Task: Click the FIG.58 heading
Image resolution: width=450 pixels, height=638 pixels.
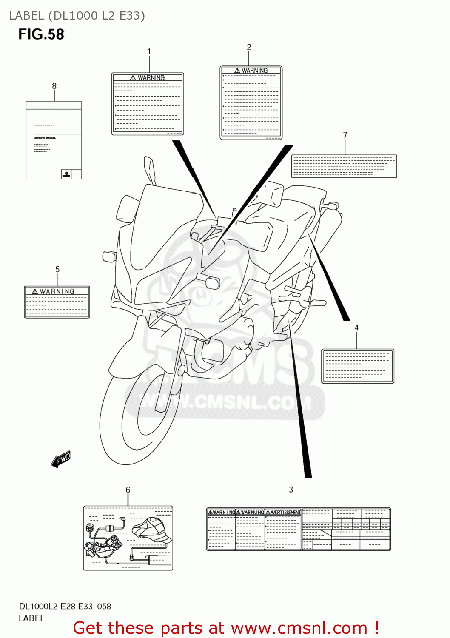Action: click(x=41, y=34)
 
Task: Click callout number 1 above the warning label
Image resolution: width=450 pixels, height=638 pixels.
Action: click(x=149, y=52)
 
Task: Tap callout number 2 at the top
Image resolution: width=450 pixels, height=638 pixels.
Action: click(x=249, y=47)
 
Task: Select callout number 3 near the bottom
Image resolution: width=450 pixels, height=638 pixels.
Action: click(x=291, y=490)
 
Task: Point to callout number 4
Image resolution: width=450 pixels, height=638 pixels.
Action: click(x=356, y=328)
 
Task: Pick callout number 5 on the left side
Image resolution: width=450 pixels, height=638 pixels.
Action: click(x=57, y=269)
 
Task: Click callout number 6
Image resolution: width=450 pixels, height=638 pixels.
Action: click(x=128, y=490)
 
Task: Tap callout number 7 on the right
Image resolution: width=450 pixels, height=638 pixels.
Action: click(x=345, y=135)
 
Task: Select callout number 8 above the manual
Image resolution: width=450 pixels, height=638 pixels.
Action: click(x=54, y=86)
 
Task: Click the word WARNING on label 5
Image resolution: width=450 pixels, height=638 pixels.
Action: click(x=57, y=291)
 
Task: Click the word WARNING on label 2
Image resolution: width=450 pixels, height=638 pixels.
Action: click(x=254, y=71)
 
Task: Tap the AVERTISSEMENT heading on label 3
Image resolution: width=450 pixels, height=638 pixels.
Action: click(x=283, y=513)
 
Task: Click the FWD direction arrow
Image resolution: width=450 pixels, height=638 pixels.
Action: click(x=61, y=459)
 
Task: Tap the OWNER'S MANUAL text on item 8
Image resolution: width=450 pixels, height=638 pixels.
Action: click(x=45, y=138)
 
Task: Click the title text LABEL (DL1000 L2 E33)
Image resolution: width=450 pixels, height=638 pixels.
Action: click(x=77, y=16)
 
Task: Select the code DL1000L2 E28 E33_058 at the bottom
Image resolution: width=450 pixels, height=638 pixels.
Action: click(x=65, y=607)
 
